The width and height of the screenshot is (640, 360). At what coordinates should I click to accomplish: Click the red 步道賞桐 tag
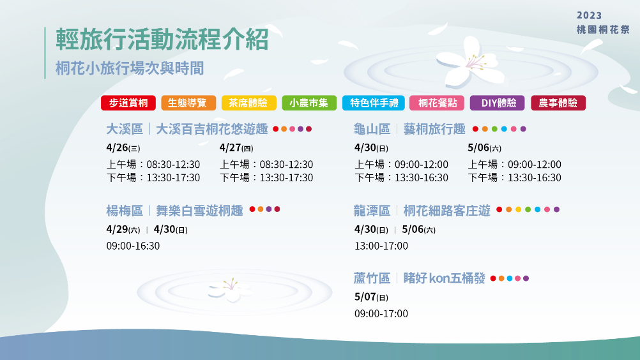coord(128,103)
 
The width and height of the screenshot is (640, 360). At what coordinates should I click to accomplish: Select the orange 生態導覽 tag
coord(188,103)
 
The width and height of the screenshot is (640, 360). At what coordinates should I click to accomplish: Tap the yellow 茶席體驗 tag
coord(248,103)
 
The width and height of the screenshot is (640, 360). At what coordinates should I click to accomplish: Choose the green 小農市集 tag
coord(309,103)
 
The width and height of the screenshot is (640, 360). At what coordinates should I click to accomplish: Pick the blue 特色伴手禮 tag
coord(374,103)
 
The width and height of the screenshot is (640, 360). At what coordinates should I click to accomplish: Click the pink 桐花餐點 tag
coord(437,103)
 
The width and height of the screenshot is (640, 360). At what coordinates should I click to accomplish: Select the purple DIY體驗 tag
coord(497,103)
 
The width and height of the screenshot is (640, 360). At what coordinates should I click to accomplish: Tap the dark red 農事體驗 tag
coord(558,103)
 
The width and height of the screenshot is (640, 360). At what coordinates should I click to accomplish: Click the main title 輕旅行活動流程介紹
coord(162,40)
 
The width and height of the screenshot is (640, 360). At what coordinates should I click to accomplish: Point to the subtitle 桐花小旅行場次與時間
coord(130,68)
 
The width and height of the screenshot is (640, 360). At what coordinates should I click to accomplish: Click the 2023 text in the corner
coord(589,15)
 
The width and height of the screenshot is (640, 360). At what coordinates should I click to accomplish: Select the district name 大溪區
coord(125,129)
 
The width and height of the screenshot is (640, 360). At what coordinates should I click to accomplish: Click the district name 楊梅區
coord(125,211)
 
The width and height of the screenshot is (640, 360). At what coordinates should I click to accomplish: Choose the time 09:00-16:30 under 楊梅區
coord(133,246)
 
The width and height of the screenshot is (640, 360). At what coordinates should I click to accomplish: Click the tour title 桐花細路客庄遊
coord(446,211)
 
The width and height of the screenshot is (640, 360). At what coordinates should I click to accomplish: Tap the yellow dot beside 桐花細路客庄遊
coord(519,209)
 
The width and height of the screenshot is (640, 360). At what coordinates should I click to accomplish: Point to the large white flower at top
coord(470,62)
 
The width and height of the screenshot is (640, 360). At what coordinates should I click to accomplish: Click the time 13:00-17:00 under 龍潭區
coord(381,246)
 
